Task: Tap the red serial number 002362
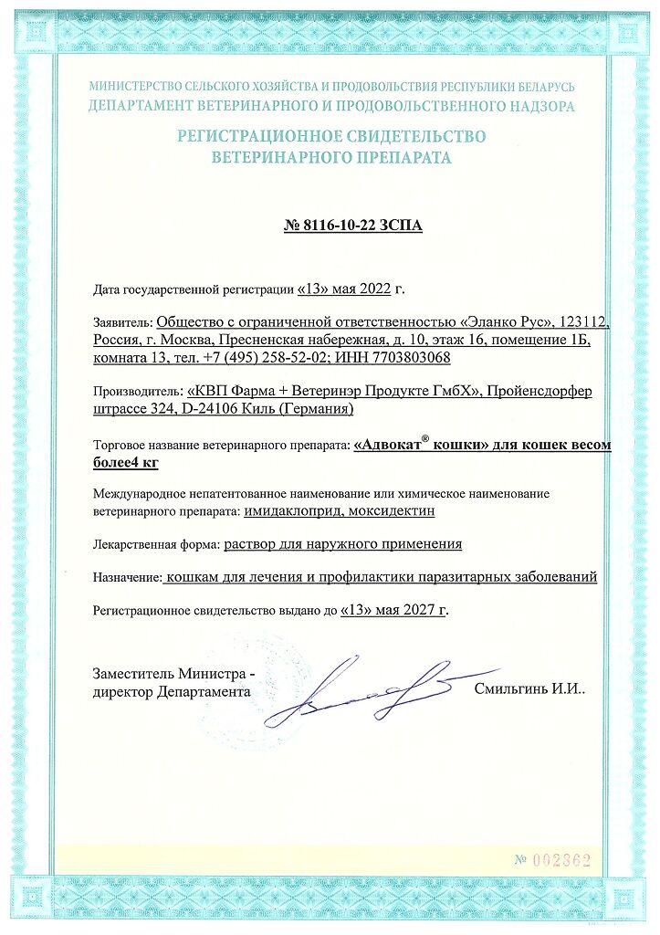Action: click(561, 860)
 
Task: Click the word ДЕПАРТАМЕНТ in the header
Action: click(135, 106)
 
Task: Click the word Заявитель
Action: click(122, 322)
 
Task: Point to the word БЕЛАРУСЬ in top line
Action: click(544, 87)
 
